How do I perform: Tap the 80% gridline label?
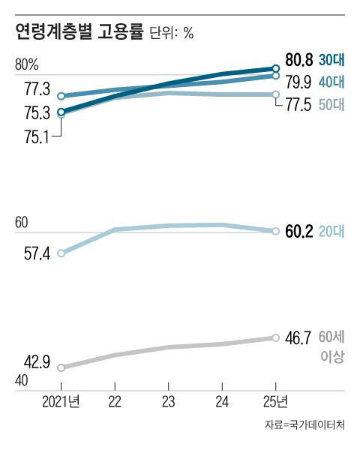point(26,64)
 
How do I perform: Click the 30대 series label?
point(331,61)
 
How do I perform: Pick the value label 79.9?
point(299,81)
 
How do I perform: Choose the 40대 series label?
point(331,81)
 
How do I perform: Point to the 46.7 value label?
point(299,339)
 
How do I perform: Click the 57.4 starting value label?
point(37,254)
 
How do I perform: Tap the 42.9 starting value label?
point(37,363)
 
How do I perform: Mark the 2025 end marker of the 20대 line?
point(275,230)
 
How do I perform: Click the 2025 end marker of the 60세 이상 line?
point(275,337)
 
